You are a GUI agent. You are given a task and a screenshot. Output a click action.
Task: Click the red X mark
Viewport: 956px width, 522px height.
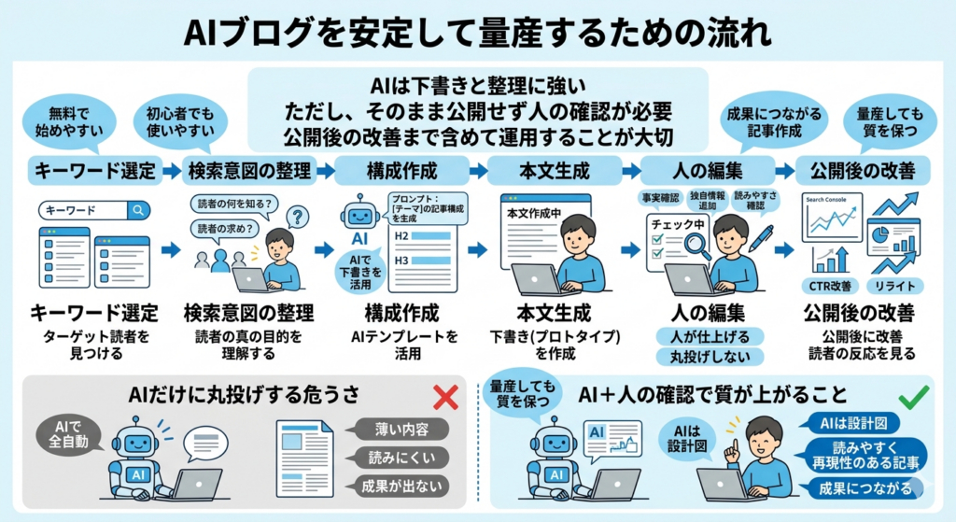coord(446,398)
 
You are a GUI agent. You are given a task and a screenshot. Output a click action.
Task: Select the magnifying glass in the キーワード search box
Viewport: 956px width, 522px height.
coord(137,211)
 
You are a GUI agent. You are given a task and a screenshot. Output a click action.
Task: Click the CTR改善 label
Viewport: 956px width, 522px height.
coord(830,285)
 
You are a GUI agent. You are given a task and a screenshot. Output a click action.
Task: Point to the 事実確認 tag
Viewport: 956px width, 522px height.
coord(660,198)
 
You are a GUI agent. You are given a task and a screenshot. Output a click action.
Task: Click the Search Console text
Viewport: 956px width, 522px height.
coord(826,200)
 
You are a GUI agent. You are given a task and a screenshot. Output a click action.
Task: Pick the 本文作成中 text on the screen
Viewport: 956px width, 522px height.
coord(532,213)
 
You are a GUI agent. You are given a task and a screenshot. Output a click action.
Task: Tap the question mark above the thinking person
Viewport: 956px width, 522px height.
coord(297,218)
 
